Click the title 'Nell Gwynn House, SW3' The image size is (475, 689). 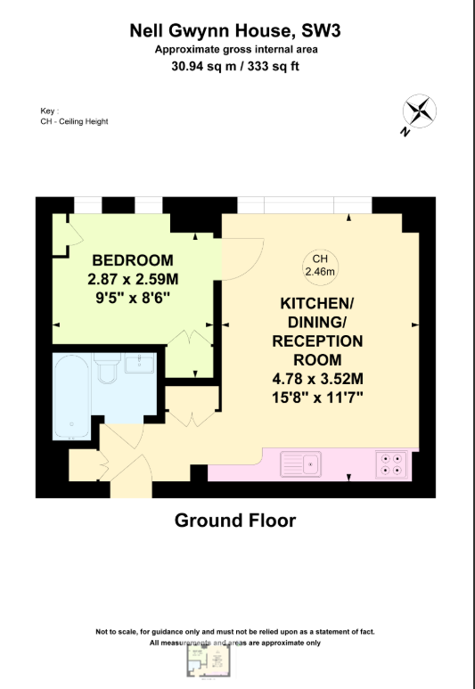(x=235, y=31)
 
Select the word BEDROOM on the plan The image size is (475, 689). (x=133, y=260)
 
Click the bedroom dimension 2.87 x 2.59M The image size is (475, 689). (x=133, y=278)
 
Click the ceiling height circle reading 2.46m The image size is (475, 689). (x=319, y=266)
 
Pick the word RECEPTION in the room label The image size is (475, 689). (x=318, y=341)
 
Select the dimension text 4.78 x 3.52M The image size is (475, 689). (x=318, y=378)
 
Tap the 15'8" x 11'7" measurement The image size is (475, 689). (x=318, y=396)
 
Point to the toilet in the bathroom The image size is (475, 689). (x=109, y=367)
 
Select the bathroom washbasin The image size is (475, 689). (x=141, y=364)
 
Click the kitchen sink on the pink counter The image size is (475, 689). (x=300, y=464)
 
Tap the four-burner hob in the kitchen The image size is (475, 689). (x=390, y=464)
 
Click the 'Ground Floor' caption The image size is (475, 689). (x=235, y=520)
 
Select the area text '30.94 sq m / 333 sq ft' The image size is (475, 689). (x=235, y=65)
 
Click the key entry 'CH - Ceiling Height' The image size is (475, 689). (x=74, y=121)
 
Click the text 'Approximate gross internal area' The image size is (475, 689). (x=235, y=49)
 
